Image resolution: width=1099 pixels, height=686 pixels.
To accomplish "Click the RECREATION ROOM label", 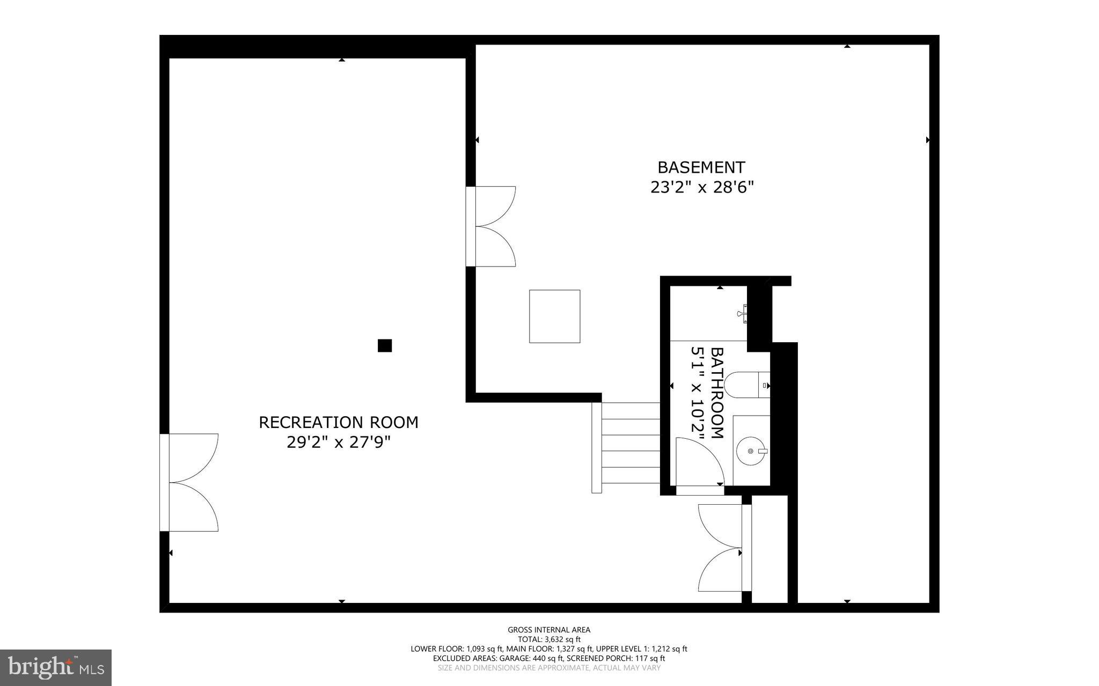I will [338, 423].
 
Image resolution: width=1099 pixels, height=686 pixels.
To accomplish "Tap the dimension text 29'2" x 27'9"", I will [338, 443].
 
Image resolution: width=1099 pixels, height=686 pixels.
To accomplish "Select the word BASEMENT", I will [701, 168].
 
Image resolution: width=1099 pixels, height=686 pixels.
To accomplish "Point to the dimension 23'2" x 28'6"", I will [702, 188].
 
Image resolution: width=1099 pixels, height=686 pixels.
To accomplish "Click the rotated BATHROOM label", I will [717, 393].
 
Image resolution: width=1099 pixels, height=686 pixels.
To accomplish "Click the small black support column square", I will [384, 345].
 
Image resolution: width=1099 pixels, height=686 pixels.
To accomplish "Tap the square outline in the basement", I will [554, 316].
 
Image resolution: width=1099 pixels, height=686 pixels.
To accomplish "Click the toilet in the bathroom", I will [746, 385].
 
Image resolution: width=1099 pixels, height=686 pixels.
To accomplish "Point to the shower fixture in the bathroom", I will [743, 313].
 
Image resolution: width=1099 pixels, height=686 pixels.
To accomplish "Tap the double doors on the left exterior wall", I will [191, 482].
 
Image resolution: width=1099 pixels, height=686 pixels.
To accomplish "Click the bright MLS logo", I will [56, 667].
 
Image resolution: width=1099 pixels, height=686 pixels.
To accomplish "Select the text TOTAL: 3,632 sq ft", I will [549, 639].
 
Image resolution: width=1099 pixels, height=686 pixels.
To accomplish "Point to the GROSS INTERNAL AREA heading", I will [549, 630].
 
